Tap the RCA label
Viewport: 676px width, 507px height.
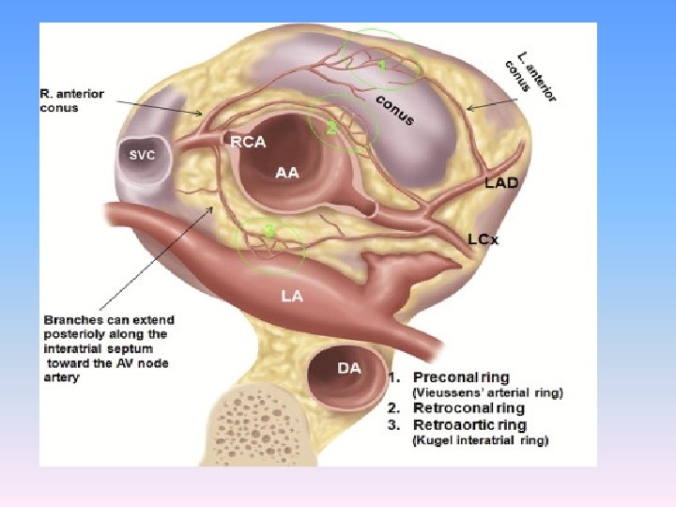(x=249, y=143)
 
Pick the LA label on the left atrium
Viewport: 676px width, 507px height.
(x=293, y=296)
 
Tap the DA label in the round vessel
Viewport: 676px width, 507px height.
(x=348, y=368)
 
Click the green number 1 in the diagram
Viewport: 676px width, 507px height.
(x=382, y=66)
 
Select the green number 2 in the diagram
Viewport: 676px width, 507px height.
(x=330, y=129)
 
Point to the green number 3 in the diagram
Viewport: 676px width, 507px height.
(x=269, y=229)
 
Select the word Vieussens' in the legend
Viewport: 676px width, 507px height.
(x=451, y=393)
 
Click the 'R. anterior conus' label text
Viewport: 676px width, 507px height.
(x=71, y=100)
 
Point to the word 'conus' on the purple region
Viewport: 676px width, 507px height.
(x=395, y=110)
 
